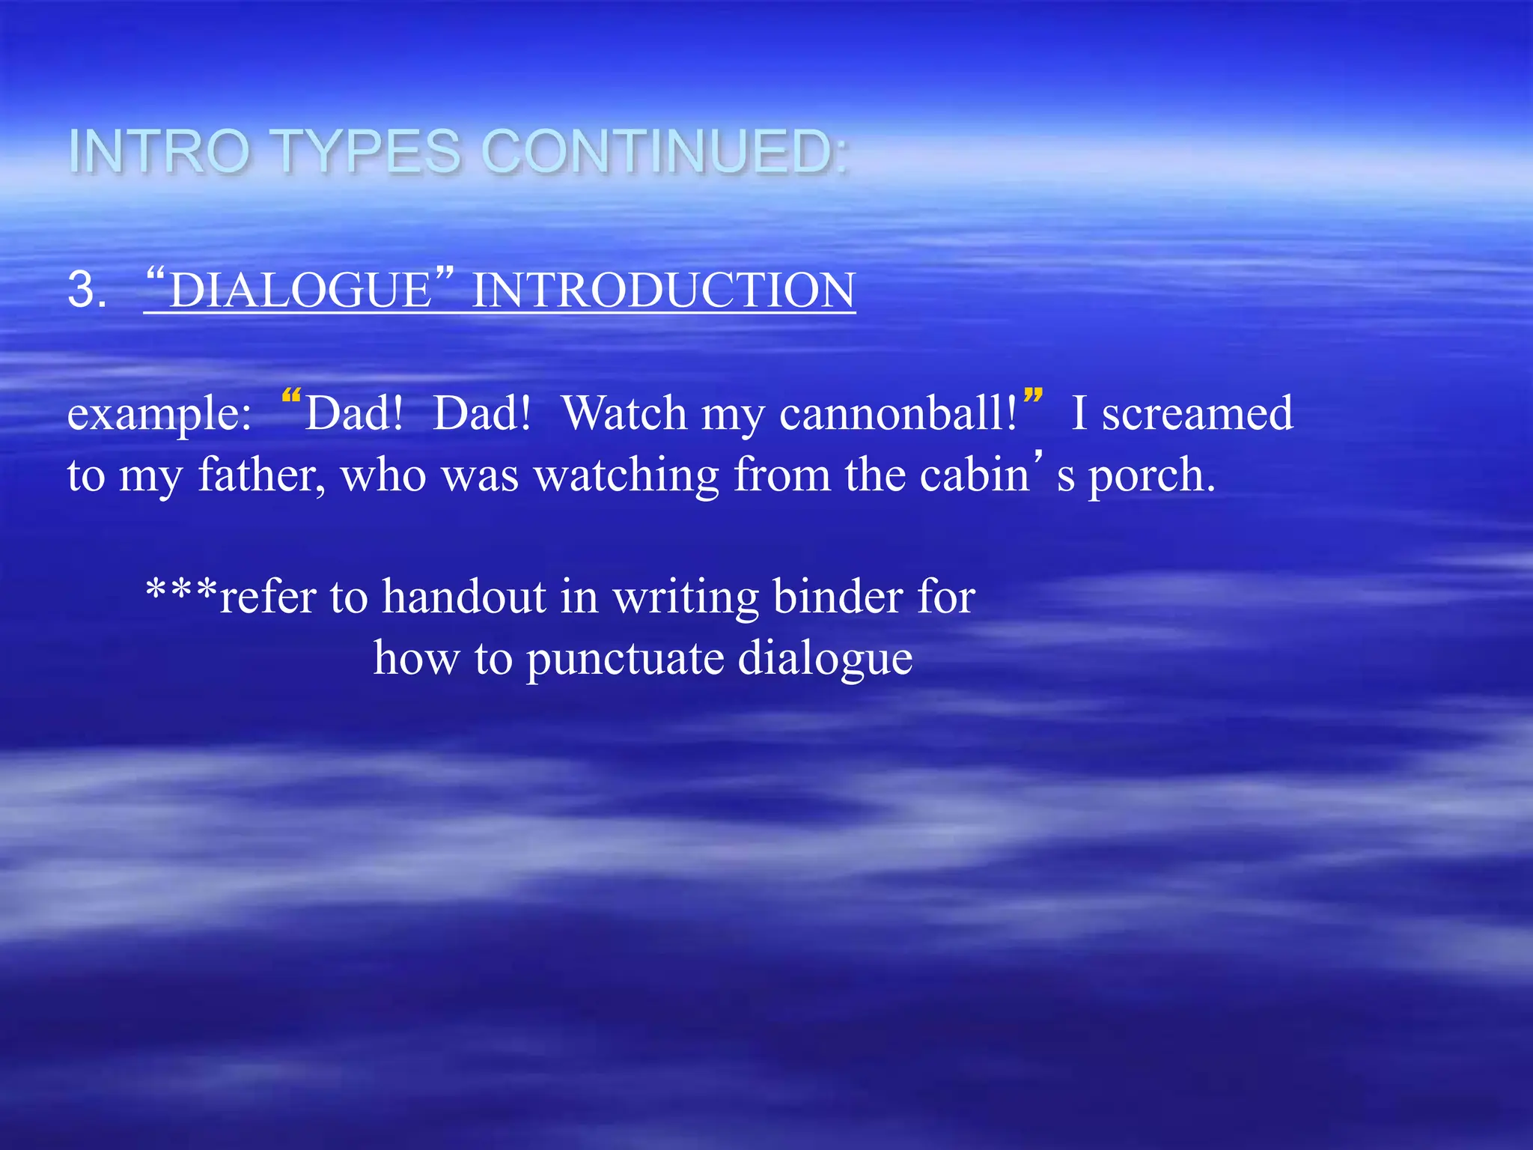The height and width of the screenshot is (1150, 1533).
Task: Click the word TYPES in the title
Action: [368, 152]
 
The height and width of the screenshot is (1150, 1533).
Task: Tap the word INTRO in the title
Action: [159, 152]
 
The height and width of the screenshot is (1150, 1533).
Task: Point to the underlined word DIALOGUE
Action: [300, 290]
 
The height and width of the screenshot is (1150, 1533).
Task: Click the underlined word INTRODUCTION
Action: [663, 290]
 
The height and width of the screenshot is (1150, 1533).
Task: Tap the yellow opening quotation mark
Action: [291, 397]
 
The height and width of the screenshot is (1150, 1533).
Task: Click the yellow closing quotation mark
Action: [1033, 397]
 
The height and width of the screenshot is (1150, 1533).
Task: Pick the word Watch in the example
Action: [624, 413]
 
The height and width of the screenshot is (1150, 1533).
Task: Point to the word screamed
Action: [1197, 413]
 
